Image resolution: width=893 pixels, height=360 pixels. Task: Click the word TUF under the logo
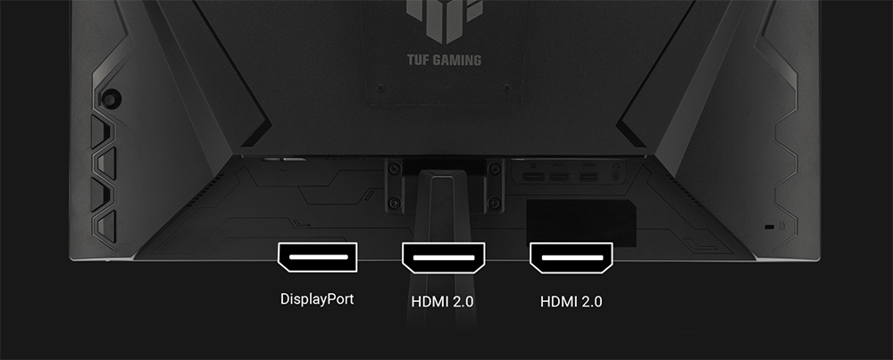(x=417, y=60)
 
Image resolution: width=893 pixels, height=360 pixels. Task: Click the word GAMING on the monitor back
(x=456, y=60)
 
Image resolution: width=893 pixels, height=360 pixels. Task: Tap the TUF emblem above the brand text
(x=444, y=21)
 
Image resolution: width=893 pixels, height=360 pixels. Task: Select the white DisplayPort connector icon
(x=317, y=257)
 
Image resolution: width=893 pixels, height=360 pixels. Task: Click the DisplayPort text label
(x=317, y=299)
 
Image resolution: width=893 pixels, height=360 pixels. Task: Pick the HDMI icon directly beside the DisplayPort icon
(x=444, y=257)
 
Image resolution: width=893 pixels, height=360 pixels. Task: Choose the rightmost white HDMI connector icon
(x=572, y=257)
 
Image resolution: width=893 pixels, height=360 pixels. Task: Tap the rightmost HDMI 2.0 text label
(x=572, y=301)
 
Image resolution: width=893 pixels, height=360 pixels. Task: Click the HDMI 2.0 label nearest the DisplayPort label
(x=443, y=301)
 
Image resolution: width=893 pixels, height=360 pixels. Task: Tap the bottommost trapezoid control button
(x=104, y=227)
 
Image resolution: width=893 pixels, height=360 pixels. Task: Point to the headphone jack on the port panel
(x=615, y=177)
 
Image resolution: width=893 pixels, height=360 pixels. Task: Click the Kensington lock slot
(x=769, y=227)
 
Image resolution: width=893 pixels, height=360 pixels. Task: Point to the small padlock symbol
(x=781, y=226)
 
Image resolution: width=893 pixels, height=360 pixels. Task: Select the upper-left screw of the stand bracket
(x=393, y=168)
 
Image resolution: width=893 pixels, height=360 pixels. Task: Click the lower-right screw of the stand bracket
(x=495, y=202)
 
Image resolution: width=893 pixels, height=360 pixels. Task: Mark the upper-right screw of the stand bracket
(x=495, y=168)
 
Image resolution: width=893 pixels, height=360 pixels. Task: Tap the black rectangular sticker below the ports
(x=581, y=222)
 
